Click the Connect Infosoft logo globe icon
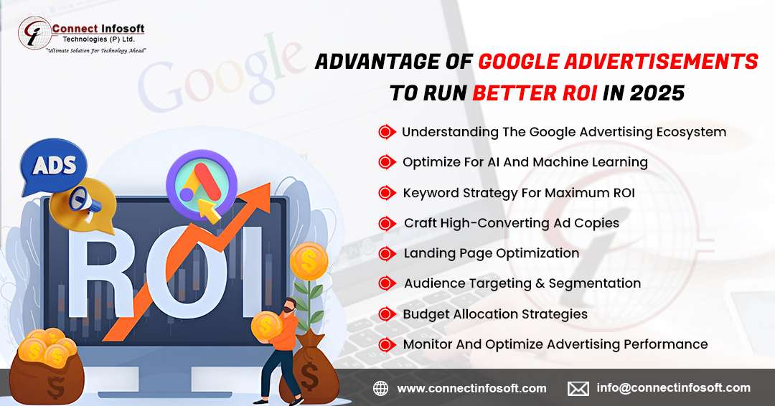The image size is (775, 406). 34,34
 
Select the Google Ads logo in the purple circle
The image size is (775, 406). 201,184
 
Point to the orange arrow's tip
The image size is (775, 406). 269,184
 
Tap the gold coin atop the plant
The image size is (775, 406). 309,262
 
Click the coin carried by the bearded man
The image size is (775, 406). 267,326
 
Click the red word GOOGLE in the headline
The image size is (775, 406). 517,62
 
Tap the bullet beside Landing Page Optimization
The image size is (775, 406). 387,254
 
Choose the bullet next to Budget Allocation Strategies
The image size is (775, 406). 387,315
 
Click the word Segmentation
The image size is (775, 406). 595,283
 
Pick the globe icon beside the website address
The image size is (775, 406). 380,389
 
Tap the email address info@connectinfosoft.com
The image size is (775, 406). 673,388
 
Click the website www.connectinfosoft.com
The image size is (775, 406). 472,389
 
